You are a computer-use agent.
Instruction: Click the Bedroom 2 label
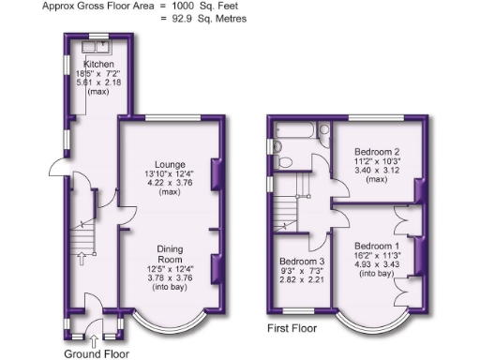(373, 151)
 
